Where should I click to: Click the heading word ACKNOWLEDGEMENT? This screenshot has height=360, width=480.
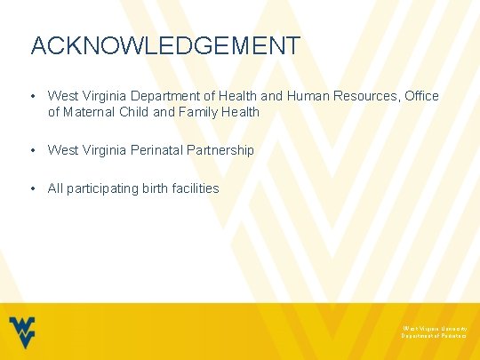(x=165, y=45)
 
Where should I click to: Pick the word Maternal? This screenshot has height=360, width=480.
(x=92, y=112)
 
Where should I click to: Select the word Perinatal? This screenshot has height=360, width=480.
(x=156, y=150)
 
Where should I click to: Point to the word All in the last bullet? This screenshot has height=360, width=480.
(x=56, y=188)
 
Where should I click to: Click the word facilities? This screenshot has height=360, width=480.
(x=197, y=188)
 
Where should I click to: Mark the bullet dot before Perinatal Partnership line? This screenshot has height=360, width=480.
(x=32, y=150)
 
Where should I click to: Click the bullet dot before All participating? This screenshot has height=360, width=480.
(x=32, y=188)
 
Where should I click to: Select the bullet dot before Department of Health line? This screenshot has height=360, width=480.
(x=32, y=96)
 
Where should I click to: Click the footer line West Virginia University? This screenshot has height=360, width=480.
(x=434, y=327)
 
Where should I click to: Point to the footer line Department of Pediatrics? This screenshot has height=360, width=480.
(x=434, y=336)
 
